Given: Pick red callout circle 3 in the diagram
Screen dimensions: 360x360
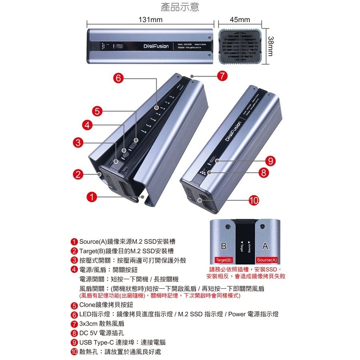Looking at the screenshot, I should pyautogui.click(x=79, y=142).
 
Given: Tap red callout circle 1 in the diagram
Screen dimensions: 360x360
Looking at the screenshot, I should pyautogui.click(x=92, y=197).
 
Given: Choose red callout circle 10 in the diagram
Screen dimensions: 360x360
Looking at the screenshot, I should pyautogui.click(x=254, y=200).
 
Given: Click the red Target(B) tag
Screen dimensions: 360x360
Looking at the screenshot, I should pyautogui.click(x=224, y=260).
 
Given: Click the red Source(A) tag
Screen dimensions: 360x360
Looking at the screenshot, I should pyautogui.click(x=267, y=260).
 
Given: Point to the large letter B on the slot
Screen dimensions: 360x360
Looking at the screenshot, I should pyautogui.click(x=224, y=245).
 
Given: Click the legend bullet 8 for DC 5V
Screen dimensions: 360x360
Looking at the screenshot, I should pyautogui.click(x=74, y=333).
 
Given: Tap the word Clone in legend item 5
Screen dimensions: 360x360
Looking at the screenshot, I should pyautogui.click(x=88, y=305).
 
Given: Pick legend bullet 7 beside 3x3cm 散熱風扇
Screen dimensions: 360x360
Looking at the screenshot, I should pyautogui.click(x=74, y=324).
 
